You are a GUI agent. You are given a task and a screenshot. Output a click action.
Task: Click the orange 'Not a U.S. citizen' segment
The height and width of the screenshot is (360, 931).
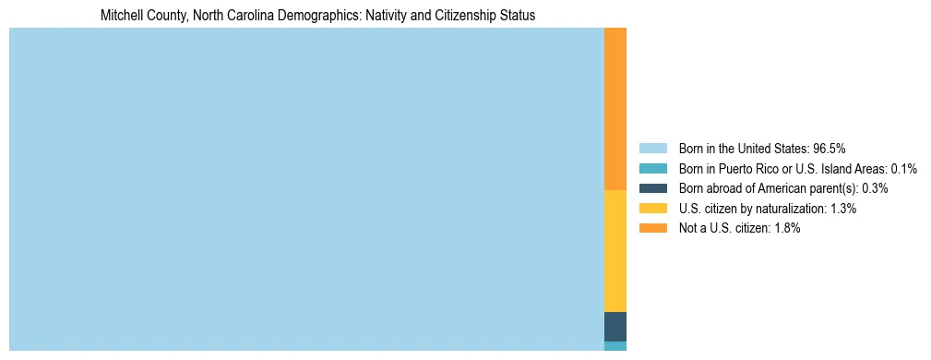(615, 109)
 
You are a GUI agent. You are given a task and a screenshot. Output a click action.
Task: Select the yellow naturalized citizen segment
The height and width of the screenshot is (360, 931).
(615, 251)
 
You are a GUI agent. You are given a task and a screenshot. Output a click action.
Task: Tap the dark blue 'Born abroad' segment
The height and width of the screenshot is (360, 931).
(615, 327)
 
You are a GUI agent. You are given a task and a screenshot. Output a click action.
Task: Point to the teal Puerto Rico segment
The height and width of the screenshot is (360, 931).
(615, 346)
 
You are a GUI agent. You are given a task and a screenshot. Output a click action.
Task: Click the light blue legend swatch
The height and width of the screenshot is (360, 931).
(652, 148)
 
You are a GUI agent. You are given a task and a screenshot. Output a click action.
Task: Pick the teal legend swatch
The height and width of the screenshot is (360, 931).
(652, 168)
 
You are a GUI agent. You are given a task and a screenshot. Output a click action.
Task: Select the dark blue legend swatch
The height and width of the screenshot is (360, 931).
(652, 188)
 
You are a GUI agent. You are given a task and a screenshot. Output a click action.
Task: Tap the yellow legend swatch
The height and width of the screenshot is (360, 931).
(652, 209)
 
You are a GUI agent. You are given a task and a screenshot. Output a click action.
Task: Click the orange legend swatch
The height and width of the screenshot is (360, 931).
(652, 228)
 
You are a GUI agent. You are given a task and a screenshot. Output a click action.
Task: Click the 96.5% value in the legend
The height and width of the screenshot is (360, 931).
(830, 148)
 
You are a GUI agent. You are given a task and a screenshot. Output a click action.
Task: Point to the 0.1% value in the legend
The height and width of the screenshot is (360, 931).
(904, 168)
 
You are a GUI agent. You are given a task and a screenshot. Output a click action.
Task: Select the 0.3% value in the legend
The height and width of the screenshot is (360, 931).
(874, 188)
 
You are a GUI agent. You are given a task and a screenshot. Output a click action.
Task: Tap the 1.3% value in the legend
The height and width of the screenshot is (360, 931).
(843, 209)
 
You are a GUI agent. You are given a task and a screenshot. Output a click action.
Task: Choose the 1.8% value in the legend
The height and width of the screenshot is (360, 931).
(787, 228)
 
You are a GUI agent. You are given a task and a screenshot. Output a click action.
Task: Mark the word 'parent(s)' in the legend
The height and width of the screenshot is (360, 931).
(831, 188)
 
